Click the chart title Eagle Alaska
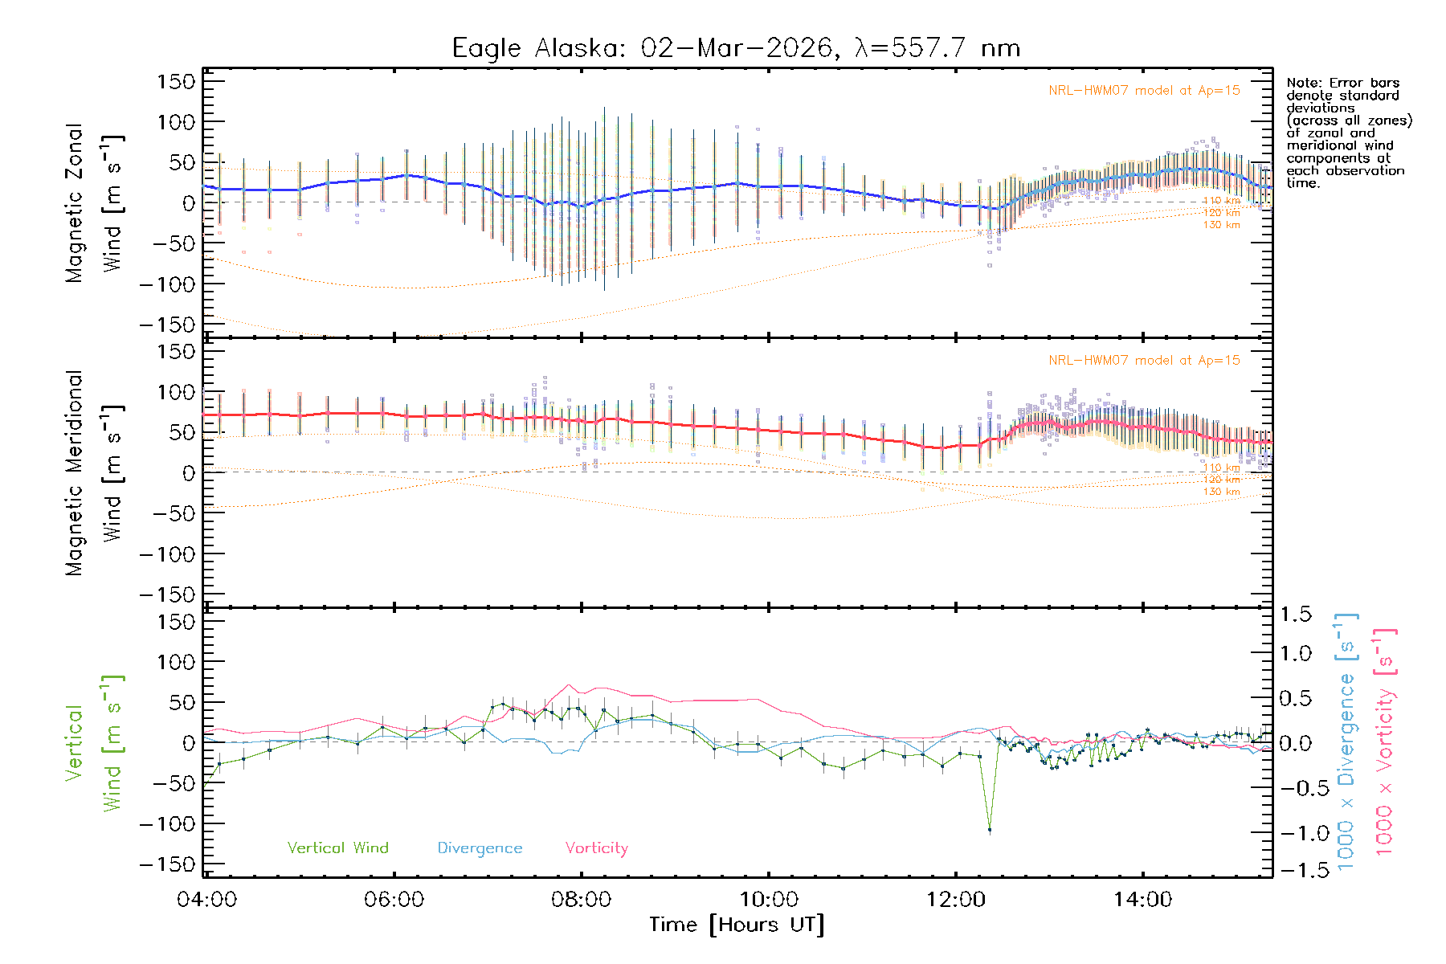(x=736, y=48)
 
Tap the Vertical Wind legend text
(x=337, y=848)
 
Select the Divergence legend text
(x=480, y=848)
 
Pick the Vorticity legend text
(x=596, y=848)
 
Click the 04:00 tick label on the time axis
(x=206, y=900)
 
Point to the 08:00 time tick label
(x=581, y=900)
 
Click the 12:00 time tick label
(x=955, y=900)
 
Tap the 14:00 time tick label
(x=1142, y=900)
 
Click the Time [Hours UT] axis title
(x=737, y=925)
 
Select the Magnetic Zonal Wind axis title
(x=93, y=202)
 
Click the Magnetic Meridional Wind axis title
(x=93, y=472)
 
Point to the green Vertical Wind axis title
(x=93, y=742)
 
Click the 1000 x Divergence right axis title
(x=1346, y=742)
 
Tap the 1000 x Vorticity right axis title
(x=1384, y=742)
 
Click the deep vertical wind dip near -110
(x=990, y=829)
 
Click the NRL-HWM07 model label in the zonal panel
(x=1144, y=91)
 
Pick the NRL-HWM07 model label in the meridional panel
(x=1144, y=361)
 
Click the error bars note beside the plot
(x=1348, y=133)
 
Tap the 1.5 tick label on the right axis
(x=1295, y=615)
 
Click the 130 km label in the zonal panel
(x=1221, y=225)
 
